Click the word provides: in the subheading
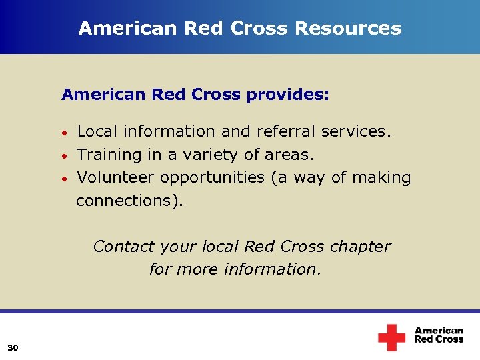[x=287, y=95]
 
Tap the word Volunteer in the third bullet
[x=116, y=177]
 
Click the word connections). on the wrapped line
[x=129, y=201]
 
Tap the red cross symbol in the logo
[x=391, y=337]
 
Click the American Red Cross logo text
[x=439, y=335]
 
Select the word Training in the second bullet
[x=109, y=155]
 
